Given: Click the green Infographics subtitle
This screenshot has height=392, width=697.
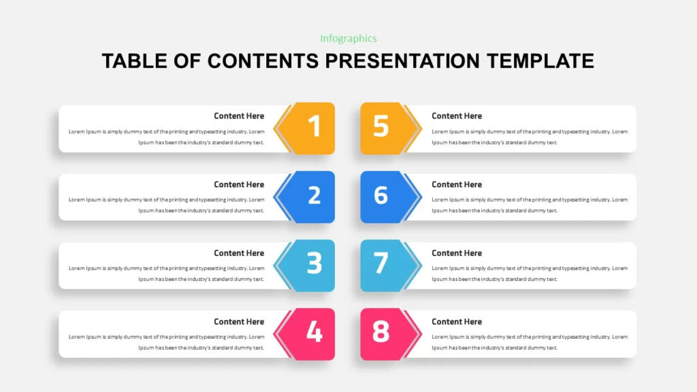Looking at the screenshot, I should (x=348, y=39).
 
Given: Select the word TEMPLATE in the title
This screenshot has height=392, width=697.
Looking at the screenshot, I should (x=540, y=61).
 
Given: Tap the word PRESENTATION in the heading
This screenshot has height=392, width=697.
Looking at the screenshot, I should (x=402, y=61).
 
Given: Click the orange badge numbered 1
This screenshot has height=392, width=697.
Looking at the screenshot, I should (x=310, y=127).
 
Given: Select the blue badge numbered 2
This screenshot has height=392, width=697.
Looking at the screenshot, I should (x=310, y=196).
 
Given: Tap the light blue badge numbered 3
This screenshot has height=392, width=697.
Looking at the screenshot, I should (x=310, y=265).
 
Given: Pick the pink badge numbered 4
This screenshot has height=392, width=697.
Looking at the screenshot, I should (x=310, y=333).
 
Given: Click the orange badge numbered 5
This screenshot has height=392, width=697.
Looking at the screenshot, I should (x=385, y=127).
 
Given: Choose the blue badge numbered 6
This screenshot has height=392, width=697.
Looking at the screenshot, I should (x=385, y=196).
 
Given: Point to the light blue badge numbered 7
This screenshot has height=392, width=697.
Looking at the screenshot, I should (x=385, y=265).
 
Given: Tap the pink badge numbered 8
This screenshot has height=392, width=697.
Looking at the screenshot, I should (x=385, y=333).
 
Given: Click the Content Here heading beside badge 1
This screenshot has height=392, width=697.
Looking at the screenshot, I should (x=239, y=116).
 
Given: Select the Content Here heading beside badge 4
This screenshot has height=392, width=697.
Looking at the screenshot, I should (x=239, y=322).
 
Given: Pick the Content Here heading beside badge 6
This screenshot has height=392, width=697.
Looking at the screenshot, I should (x=457, y=184).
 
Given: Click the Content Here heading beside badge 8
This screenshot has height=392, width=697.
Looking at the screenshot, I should (x=457, y=322).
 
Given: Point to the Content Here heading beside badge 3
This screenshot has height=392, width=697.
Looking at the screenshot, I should (x=239, y=253).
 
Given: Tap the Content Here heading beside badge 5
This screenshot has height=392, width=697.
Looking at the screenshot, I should (x=457, y=116).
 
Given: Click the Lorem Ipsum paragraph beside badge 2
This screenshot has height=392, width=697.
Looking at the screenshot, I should (x=167, y=205).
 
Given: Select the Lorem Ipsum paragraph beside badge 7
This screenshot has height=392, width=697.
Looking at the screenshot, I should (x=530, y=274).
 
